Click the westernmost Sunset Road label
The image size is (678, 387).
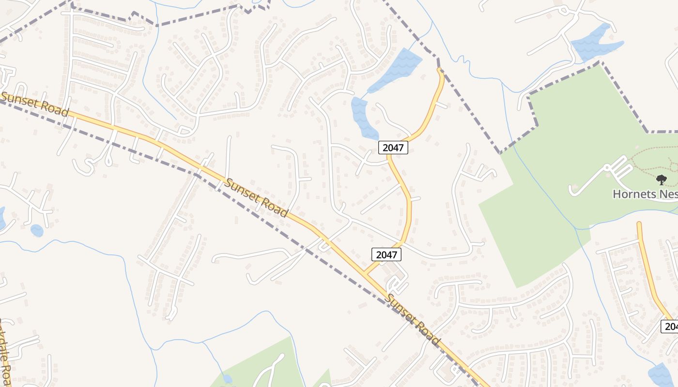[34, 104]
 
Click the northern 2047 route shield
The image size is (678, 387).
[393, 148]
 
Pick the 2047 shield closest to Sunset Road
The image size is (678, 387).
[386, 254]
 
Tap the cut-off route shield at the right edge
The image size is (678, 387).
[670, 327]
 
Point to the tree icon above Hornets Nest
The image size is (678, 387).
[662, 180]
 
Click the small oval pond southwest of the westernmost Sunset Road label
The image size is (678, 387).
[37, 230]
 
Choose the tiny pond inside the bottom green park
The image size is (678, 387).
[227, 379]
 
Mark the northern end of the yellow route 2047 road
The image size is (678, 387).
[440, 71]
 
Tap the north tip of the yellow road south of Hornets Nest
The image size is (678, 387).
[639, 224]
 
